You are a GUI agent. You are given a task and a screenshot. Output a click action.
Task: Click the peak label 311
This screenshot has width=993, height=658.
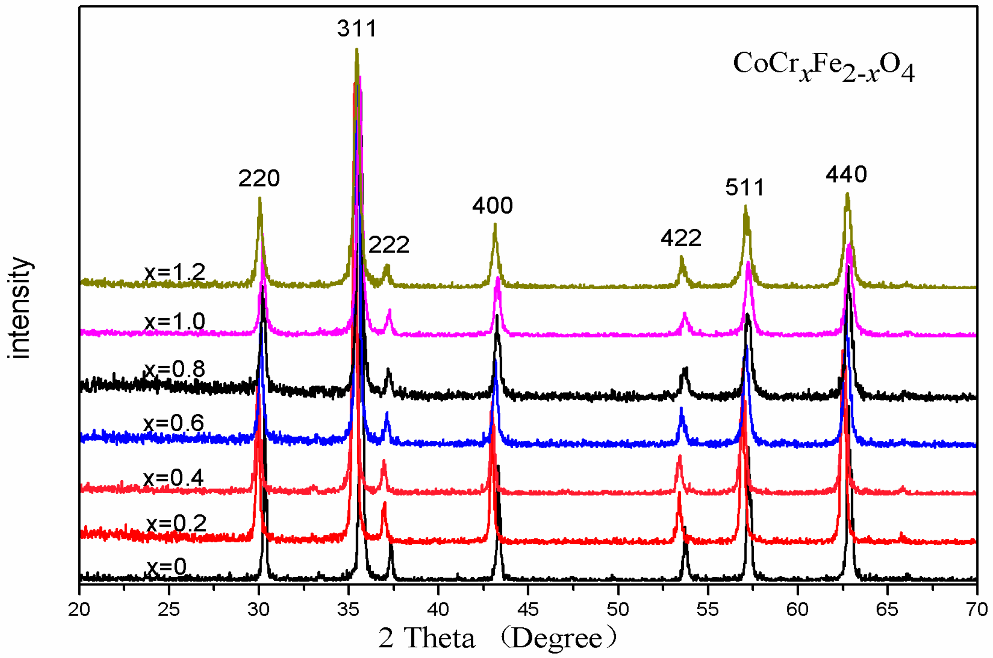[356, 29]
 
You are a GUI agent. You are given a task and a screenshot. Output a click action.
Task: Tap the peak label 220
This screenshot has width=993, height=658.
[259, 178]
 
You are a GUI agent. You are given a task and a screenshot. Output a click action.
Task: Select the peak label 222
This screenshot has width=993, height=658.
[389, 245]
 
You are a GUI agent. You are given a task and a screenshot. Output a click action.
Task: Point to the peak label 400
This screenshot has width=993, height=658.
[492, 205]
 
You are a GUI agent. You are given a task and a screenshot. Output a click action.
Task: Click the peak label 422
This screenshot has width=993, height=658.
[681, 238]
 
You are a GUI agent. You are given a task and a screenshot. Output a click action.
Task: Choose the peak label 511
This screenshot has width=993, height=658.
[745, 188]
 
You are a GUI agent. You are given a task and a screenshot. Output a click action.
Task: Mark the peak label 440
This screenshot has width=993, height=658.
[846, 175]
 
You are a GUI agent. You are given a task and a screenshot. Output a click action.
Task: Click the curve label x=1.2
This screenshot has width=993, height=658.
[175, 273]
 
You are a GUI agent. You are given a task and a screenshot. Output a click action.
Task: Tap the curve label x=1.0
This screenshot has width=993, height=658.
[175, 322]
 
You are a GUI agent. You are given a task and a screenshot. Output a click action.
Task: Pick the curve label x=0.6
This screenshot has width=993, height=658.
[174, 423]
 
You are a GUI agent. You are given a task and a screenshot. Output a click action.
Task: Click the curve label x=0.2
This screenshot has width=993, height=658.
[176, 523]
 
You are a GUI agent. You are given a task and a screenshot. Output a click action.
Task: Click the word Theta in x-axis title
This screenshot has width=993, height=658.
[439, 638]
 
